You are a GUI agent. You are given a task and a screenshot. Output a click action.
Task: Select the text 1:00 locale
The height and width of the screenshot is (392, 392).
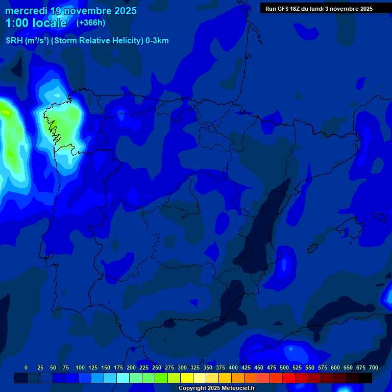36,23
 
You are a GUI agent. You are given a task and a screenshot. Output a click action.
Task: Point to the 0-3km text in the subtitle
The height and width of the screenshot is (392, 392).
157,41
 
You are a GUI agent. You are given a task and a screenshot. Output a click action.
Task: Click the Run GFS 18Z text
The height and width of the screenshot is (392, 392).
282,9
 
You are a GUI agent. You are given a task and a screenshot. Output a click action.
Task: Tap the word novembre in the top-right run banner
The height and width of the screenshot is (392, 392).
344,9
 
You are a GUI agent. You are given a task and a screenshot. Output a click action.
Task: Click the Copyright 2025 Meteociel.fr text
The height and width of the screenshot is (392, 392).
216,388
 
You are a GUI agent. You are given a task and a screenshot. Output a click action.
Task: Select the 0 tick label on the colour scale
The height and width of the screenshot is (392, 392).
26,367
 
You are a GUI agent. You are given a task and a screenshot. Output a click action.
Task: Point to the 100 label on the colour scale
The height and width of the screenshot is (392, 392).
80,367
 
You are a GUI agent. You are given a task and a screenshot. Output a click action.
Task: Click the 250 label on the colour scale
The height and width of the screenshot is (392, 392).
157,367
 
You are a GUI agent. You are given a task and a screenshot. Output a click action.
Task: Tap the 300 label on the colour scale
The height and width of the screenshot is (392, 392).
182,367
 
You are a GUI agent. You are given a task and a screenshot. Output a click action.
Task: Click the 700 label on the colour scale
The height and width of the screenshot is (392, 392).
374,367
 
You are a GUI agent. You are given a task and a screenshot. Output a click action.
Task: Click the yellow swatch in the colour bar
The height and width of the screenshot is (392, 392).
187,378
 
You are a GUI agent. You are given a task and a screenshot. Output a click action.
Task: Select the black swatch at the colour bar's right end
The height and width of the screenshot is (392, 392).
365,378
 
